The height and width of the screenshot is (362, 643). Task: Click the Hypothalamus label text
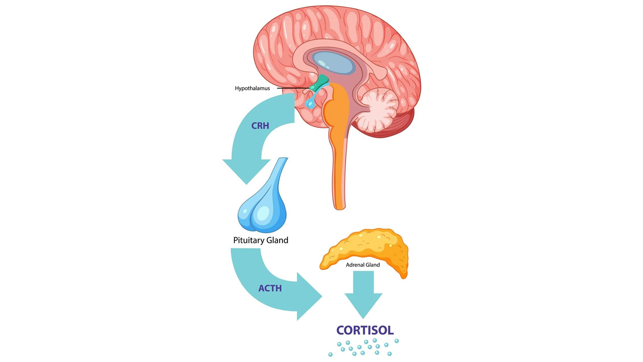pyautogui.click(x=252, y=88)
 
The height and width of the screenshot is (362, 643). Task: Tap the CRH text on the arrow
pyautogui.click(x=260, y=126)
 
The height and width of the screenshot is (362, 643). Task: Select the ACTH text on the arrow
pyautogui.click(x=270, y=288)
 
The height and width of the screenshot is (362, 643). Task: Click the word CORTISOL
pyautogui.click(x=365, y=330)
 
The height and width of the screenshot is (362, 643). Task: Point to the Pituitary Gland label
pyautogui.click(x=261, y=240)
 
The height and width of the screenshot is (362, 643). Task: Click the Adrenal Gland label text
pyautogui.click(x=363, y=265)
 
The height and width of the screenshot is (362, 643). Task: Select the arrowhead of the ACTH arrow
pyautogui.click(x=309, y=296)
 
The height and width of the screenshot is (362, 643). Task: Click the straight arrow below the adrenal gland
pyautogui.click(x=363, y=294)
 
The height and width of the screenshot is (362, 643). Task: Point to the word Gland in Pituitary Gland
pyautogui.click(x=277, y=240)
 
